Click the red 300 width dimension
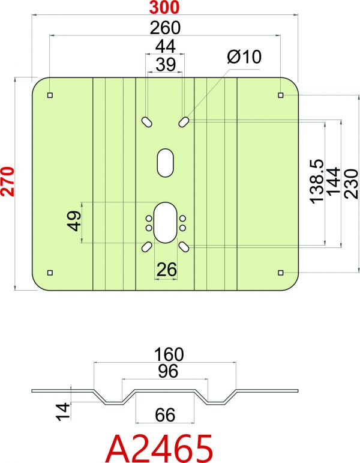[164, 7]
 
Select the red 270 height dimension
[8, 181]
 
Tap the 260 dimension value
[165, 28]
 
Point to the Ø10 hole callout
[244, 56]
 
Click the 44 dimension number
[166, 46]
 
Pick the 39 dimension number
[166, 64]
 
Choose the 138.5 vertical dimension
[317, 181]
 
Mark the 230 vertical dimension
[352, 183]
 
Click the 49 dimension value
[74, 220]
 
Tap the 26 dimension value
[167, 269]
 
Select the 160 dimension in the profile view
[169, 354]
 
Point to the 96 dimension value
[168, 371]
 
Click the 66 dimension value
[165, 414]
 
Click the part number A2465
[159, 448]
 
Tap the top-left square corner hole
[50, 95]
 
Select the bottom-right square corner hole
[281, 273]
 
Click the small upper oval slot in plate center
[165, 163]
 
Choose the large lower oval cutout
[165, 222]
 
